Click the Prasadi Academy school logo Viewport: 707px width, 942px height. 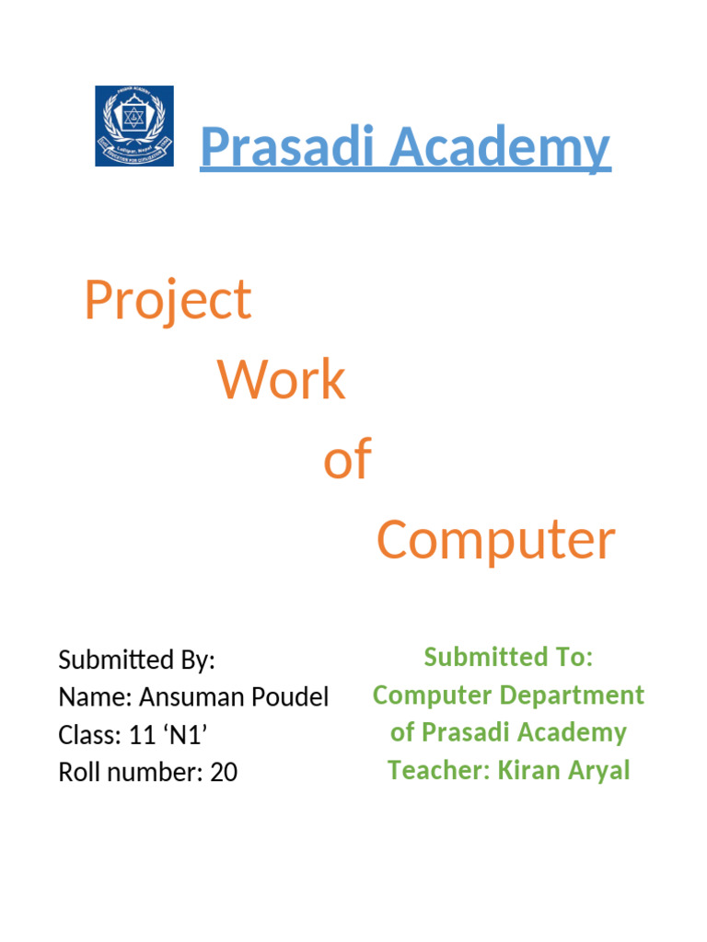(x=134, y=126)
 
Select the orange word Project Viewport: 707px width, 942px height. (x=168, y=301)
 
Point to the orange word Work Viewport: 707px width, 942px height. (x=281, y=380)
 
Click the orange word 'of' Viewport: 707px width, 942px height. (x=347, y=460)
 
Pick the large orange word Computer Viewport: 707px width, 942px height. (x=495, y=540)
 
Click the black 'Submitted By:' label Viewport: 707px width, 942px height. (x=136, y=660)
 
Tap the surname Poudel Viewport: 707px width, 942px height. (x=288, y=697)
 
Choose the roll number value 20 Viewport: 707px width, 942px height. (x=224, y=773)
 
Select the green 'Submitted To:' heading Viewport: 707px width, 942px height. (x=508, y=657)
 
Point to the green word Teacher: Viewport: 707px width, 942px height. (x=438, y=770)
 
